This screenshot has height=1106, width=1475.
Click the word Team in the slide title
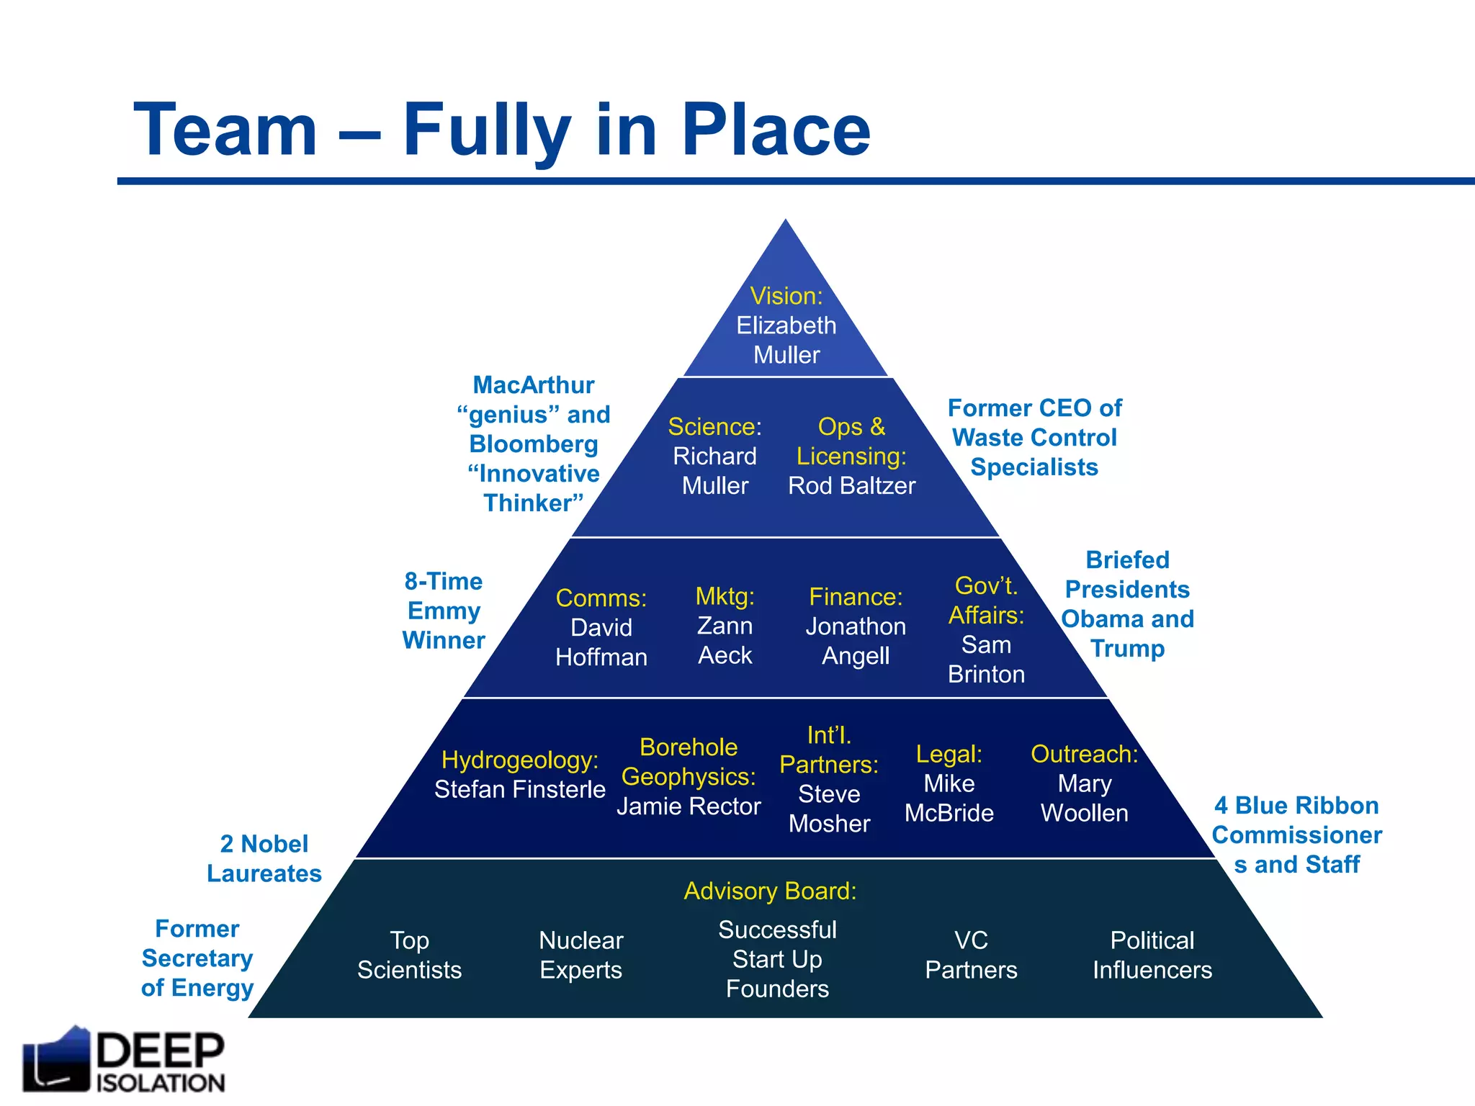[225, 130]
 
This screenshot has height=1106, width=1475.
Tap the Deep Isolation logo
[124, 1061]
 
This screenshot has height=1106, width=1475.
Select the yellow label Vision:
[786, 296]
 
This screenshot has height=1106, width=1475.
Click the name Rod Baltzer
[851, 486]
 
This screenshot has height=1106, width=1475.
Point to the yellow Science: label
[714, 427]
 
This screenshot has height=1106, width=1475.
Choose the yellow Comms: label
[601, 598]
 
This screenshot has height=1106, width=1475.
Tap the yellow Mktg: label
[725, 597]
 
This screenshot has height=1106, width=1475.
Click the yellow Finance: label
[856, 597]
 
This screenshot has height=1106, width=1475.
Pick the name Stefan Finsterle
[519, 790]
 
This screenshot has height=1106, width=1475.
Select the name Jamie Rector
[689, 806]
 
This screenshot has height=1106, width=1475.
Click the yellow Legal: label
[949, 754]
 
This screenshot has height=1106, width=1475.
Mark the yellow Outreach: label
[1084, 754]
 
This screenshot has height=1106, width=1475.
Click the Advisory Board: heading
[770, 891]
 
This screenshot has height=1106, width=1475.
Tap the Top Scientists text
[409, 956]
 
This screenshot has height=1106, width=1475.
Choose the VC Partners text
[971, 956]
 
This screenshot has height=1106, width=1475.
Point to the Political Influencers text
[1152, 956]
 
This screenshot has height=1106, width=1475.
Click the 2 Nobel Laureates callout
[264, 859]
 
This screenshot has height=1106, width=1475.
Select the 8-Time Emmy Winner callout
[444, 611]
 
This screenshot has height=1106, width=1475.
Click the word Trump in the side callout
[1127, 649]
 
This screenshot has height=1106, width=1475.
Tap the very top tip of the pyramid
[786, 222]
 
